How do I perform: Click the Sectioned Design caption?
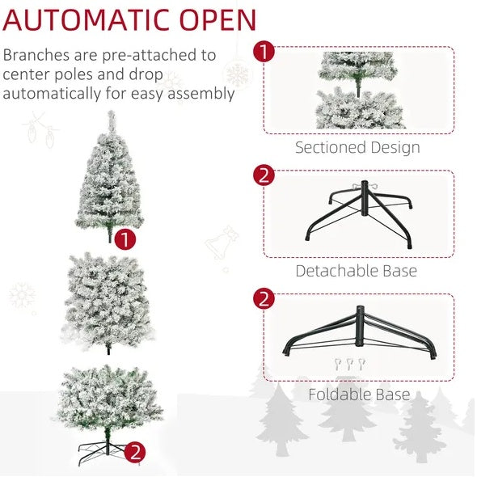pos(357,148)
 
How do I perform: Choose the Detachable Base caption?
pos(356,271)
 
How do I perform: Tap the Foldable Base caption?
pos(358,395)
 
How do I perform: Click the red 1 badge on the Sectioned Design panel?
pos(264,53)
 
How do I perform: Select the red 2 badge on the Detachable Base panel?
pos(264,175)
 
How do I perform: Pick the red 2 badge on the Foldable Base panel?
pos(264,299)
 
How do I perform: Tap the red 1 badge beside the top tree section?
pos(125,239)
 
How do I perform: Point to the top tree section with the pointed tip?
pos(108,178)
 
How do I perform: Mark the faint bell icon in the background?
pos(221,240)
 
